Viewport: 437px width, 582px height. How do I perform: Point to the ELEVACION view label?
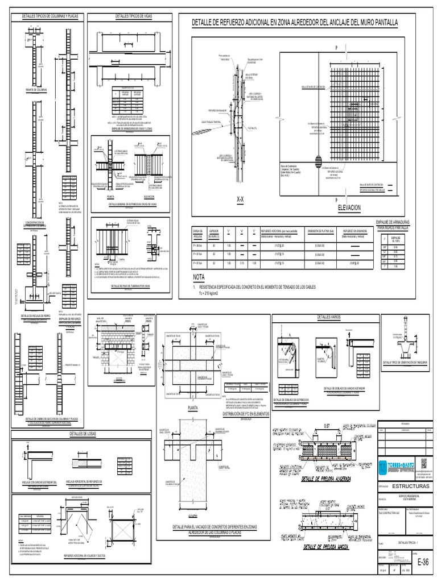[x=349, y=209]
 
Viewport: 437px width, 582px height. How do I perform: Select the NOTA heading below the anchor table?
[x=199, y=277]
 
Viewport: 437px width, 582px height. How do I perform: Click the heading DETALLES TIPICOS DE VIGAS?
[x=133, y=15]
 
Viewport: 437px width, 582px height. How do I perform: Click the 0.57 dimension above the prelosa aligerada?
[x=327, y=425]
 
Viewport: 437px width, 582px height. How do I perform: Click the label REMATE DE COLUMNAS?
[x=36, y=90]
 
